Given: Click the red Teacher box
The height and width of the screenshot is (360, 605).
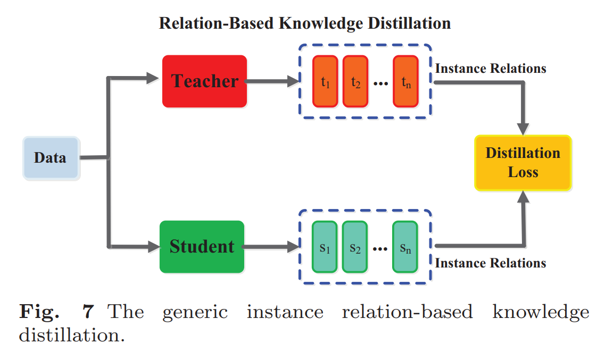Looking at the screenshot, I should [x=205, y=81].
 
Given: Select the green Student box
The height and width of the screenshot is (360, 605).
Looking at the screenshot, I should [x=202, y=247].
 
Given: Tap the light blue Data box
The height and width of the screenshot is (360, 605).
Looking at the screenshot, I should [x=51, y=158].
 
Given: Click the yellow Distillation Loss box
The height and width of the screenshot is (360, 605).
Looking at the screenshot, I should [x=523, y=163].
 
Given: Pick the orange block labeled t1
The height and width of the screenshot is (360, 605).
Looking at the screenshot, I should [x=325, y=81].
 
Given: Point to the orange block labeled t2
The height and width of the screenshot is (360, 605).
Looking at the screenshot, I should [x=355, y=81].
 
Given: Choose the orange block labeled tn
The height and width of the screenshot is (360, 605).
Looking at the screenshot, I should [x=405, y=81].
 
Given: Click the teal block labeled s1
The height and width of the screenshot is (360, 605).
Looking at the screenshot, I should [x=325, y=247].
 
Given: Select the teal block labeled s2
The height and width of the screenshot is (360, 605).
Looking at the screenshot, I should [x=355, y=247].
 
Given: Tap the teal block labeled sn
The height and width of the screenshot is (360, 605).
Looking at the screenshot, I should [x=405, y=247].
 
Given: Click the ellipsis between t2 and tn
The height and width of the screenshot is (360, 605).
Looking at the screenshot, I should [x=380, y=82].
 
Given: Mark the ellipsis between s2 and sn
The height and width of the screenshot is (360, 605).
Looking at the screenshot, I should [x=380, y=248].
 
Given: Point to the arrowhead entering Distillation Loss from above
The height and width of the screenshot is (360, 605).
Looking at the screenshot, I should [x=524, y=129].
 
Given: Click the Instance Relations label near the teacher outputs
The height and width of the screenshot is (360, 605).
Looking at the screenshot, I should [x=490, y=69].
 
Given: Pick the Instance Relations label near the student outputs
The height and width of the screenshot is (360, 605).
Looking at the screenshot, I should [x=490, y=263].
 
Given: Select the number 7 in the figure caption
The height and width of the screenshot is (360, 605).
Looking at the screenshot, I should [x=88, y=311].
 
